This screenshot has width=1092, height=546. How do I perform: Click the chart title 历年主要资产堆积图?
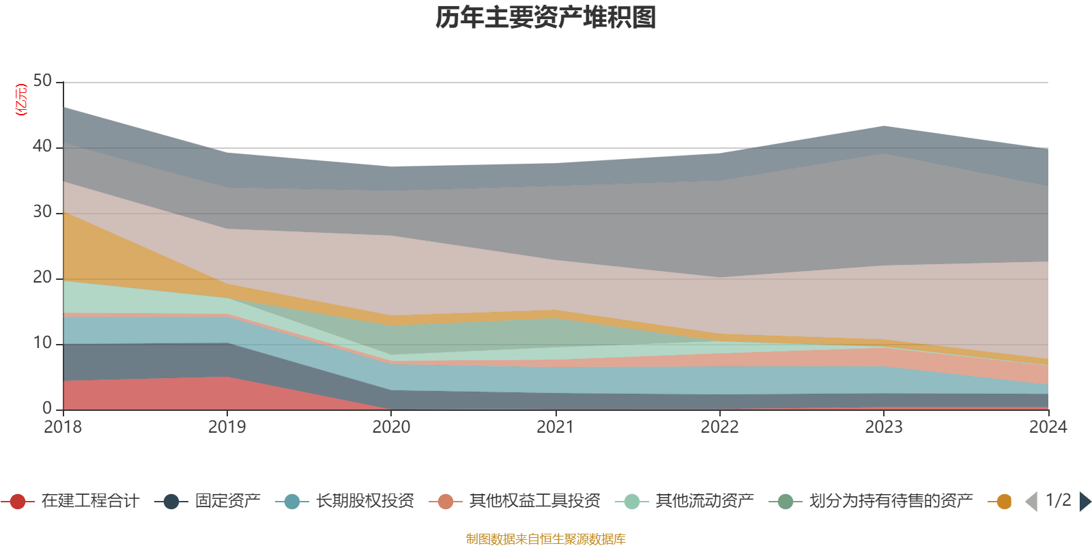point(546,18)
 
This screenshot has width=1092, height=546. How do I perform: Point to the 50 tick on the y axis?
point(42,81)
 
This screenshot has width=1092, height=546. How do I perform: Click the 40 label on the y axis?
point(42,146)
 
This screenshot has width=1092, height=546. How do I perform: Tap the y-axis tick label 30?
point(42,212)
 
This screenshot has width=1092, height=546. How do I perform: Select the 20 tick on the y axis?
point(42,277)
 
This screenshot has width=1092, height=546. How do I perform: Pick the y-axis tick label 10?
point(42,343)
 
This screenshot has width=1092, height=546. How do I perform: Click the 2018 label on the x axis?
point(63,427)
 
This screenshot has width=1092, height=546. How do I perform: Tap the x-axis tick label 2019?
point(227,427)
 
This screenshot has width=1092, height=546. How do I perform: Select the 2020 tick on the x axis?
point(391,427)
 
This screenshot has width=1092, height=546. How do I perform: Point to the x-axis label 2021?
point(556,427)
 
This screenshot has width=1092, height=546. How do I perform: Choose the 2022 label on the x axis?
point(719,427)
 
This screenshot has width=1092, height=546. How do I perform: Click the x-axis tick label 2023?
point(884,427)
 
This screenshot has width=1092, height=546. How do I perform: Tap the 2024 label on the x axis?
point(1048,427)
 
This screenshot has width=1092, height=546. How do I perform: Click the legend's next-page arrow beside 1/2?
point(1084,502)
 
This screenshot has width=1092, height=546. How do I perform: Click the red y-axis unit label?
point(21,100)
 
